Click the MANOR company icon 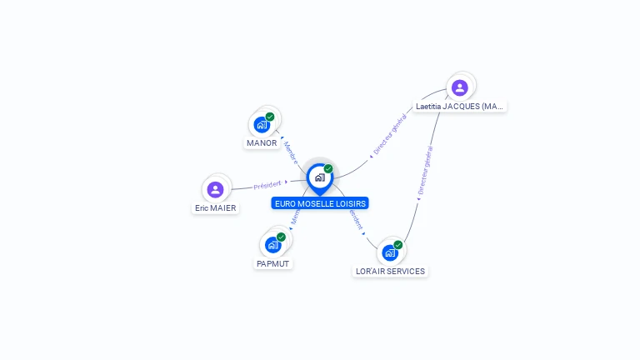coord(262,125)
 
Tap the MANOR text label coord(262,142)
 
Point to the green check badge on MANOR coord(270,117)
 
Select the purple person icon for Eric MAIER coord(216,189)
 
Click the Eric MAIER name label coord(216,208)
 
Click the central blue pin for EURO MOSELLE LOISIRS coord(319,177)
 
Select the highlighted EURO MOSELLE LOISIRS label coord(319,203)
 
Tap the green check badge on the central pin coord(328,168)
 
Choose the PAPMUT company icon coord(272,245)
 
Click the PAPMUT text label coord(273,263)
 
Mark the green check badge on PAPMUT coord(282,237)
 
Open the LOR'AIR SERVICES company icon coord(389,252)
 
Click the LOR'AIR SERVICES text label coord(390,271)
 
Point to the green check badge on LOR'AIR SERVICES coord(398,244)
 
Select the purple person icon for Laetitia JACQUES coord(459,87)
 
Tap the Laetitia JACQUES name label coord(460,107)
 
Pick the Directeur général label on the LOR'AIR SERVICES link coord(425,171)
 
